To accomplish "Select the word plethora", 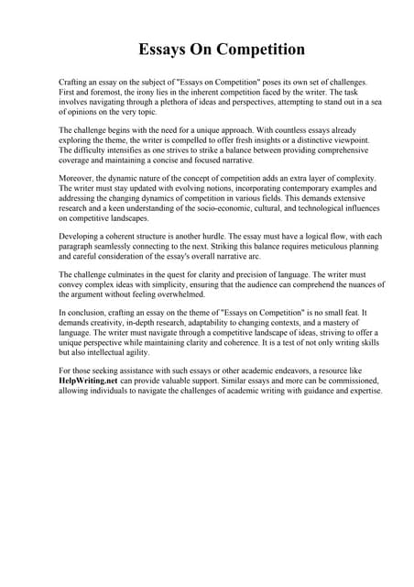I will (179, 104).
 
